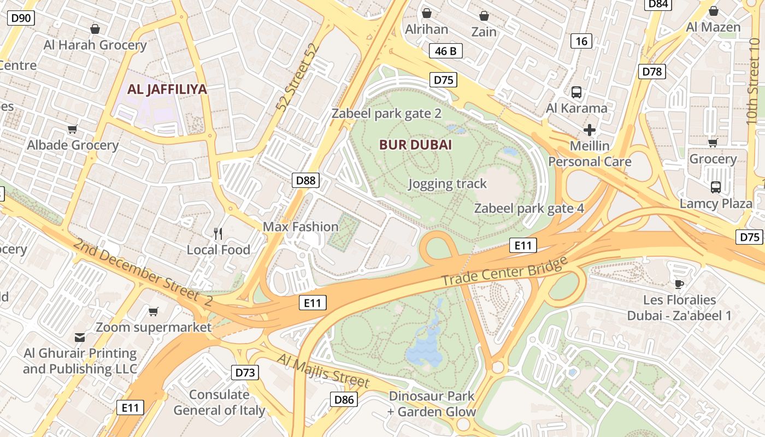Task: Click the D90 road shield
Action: pyautogui.click(x=21, y=18)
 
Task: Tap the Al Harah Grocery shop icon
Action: pyautogui.click(x=95, y=28)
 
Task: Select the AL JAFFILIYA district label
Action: pyautogui.click(x=167, y=90)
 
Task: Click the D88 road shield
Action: pyautogui.click(x=305, y=180)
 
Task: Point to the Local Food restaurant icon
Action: pyautogui.click(x=218, y=234)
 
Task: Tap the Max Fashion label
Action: pyautogui.click(x=301, y=227)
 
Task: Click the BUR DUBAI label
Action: pyautogui.click(x=416, y=145)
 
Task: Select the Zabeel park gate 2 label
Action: pyautogui.click(x=386, y=114)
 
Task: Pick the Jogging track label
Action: pyautogui.click(x=447, y=184)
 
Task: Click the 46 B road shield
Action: pyautogui.click(x=445, y=51)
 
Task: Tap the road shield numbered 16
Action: pyautogui.click(x=581, y=41)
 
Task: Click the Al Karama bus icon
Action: pyautogui.click(x=576, y=92)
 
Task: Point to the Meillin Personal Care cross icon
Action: pyautogui.click(x=589, y=130)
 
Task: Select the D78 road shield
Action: pyautogui.click(x=652, y=72)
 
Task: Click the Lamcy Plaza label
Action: pyautogui.click(x=716, y=204)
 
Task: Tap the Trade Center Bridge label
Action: pyautogui.click(x=504, y=271)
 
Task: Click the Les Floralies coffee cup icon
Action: pyautogui.click(x=679, y=284)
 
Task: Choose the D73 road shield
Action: pyautogui.click(x=245, y=373)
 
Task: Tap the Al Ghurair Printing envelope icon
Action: pyautogui.click(x=80, y=337)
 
